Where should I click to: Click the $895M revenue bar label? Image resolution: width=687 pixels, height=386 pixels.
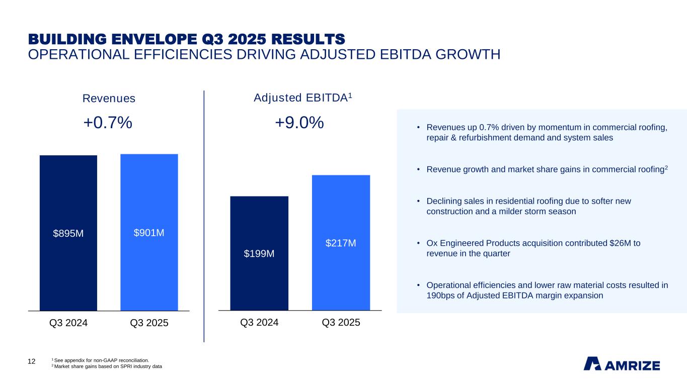tap(68, 234)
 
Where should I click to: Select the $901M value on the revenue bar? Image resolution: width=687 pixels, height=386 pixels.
tap(149, 233)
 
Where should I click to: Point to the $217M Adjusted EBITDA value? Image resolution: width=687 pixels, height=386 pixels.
tap(341, 243)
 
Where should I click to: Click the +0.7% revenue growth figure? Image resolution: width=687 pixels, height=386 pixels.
tap(108, 122)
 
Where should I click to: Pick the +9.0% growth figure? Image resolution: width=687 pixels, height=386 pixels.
tap(299, 122)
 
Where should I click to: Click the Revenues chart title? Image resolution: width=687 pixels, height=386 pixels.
tap(109, 99)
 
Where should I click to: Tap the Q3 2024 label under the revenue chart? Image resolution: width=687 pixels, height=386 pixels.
tap(68, 323)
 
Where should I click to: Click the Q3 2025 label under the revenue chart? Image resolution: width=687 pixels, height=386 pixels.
tap(149, 323)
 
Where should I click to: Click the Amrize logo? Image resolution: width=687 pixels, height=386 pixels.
tap(622, 363)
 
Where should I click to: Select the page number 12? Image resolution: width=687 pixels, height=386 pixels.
tap(31, 361)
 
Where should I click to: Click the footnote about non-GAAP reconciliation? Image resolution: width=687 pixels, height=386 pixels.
tap(101, 360)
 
